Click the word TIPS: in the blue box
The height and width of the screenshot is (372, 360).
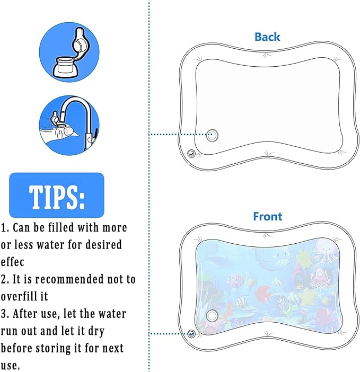56,196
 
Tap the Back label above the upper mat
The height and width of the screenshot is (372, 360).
267,37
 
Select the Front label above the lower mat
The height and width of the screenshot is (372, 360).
267,216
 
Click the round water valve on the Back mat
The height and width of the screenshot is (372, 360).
213,134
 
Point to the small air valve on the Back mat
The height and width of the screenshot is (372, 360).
191,154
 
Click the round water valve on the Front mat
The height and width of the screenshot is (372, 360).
213,315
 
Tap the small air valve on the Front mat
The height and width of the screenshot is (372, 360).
191,333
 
